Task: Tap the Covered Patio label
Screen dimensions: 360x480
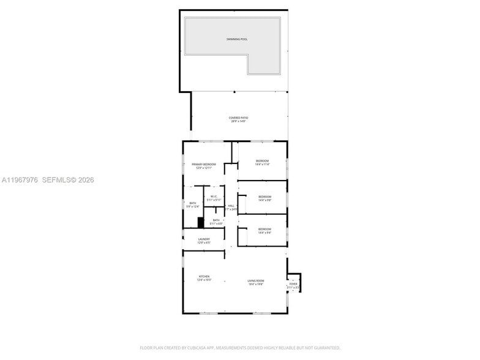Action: (x=238, y=118)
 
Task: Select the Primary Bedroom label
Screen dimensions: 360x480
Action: (x=203, y=164)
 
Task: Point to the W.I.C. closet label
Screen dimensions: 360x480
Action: (x=214, y=197)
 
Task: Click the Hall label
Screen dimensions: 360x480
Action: (x=231, y=206)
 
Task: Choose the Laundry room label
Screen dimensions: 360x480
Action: (x=204, y=239)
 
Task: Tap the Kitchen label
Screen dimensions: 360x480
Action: (x=204, y=276)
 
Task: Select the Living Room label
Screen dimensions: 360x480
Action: (x=256, y=280)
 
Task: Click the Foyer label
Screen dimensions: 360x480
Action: (x=293, y=284)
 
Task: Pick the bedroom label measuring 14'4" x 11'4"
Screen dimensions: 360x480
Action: (x=262, y=160)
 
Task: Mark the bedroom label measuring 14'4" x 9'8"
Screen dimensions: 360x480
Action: (x=264, y=197)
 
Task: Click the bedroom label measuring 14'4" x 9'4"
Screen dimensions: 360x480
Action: (x=264, y=229)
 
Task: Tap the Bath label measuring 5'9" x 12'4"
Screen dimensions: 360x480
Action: (x=193, y=203)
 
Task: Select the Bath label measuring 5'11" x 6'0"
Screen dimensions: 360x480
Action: (x=216, y=219)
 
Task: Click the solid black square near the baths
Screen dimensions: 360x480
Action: (x=200, y=223)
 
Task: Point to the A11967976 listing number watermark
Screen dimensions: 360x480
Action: (x=20, y=180)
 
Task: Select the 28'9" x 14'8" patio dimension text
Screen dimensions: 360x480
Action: (x=238, y=121)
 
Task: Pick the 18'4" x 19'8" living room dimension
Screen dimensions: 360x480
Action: (x=256, y=284)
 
